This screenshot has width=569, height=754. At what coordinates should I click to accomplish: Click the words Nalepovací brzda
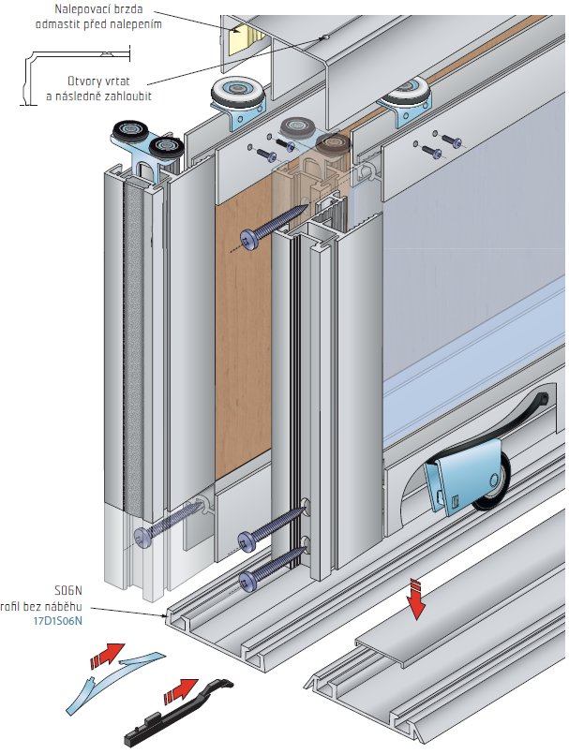coord(109,9)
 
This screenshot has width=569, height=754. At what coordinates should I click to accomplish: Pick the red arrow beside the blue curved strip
coord(110,654)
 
